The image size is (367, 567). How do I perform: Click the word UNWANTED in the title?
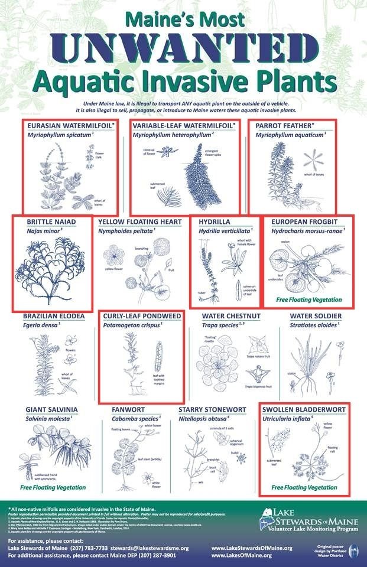183,50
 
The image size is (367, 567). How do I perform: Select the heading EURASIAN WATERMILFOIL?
65,126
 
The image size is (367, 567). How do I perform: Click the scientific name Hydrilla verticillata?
225,232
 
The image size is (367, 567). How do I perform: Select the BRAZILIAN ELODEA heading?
54,316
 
